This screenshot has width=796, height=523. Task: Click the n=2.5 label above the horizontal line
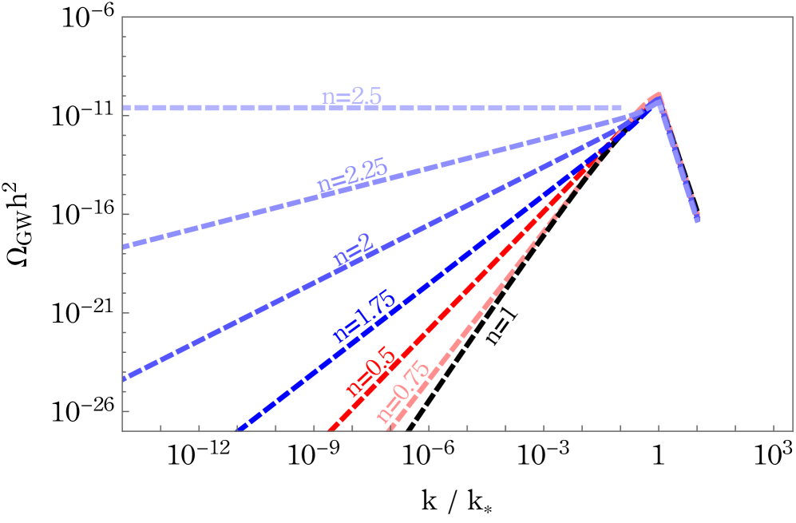[351, 97]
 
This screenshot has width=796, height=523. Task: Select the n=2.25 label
[352, 176]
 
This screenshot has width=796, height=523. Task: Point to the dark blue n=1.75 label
[364, 318]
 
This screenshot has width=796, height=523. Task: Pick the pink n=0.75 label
[402, 391]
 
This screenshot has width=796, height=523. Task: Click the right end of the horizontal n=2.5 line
[622, 108]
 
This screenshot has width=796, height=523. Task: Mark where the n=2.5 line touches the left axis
[123, 108]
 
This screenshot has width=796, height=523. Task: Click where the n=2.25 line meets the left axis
[123, 247]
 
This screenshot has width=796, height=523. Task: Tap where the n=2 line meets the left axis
[123, 378]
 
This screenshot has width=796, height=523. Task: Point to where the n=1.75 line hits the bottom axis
[239, 430]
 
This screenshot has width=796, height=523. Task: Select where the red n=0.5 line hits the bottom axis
[329, 430]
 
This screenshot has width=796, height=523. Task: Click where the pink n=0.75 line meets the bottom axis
[389, 430]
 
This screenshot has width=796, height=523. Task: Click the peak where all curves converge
[659, 96]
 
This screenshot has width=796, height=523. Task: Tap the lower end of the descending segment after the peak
[699, 220]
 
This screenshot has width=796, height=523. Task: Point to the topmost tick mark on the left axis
[125, 37]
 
